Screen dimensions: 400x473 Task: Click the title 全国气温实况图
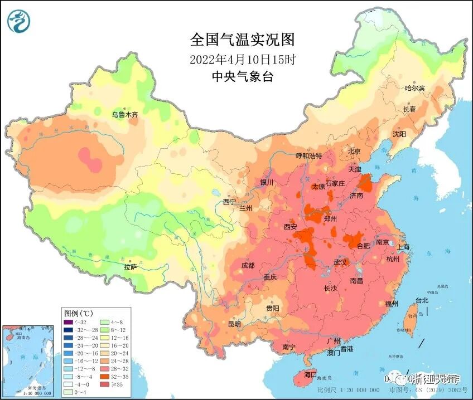tap(242, 41)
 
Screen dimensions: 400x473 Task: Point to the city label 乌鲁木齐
tap(124, 114)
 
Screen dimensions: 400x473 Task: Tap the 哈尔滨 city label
tap(414, 88)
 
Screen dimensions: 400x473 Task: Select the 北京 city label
tap(355, 151)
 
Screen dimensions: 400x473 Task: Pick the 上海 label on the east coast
tap(403, 247)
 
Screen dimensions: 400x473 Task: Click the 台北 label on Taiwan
tap(421, 300)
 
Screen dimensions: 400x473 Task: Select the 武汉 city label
tap(340, 262)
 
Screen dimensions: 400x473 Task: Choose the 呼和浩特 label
tap(308, 156)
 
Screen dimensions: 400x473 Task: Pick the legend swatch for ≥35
tap(104, 384)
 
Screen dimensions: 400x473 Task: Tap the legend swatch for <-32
tap(68, 321)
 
